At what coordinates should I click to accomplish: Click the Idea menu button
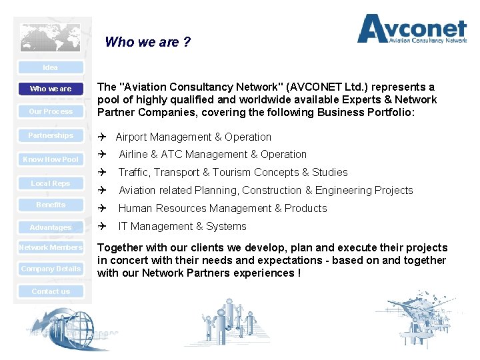point(51,67)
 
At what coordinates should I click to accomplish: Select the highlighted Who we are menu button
point(51,89)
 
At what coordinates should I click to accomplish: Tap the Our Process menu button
point(51,111)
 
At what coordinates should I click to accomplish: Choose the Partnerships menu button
point(51,135)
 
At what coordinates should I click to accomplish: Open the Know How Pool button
point(51,159)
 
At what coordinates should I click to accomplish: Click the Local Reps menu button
point(51,183)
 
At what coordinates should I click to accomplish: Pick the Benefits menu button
point(51,205)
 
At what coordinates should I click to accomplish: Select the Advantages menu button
point(51,227)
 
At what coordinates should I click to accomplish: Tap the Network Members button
point(51,247)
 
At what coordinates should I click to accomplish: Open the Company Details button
point(51,269)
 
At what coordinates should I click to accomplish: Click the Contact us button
point(51,291)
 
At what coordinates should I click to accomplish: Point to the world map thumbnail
point(50,38)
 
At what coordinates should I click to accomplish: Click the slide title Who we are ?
point(147,42)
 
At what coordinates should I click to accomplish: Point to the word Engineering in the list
point(348,190)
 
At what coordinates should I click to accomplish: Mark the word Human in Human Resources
point(136,208)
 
